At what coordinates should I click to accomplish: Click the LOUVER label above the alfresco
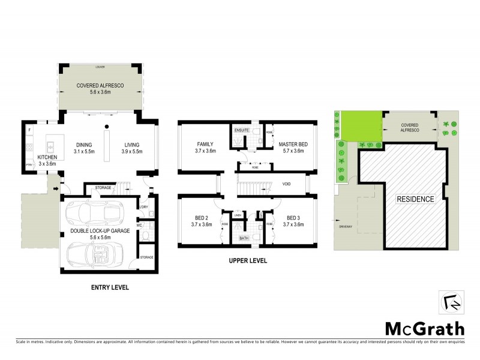point(100,67)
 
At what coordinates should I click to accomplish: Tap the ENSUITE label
point(241,130)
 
